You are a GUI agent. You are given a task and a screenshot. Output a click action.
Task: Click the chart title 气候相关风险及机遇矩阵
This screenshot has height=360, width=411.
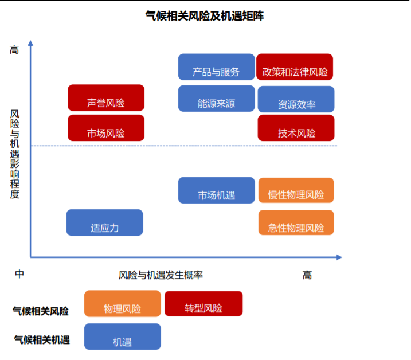tap(205, 16)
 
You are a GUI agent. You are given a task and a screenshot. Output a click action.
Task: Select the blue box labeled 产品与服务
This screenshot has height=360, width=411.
tap(216, 67)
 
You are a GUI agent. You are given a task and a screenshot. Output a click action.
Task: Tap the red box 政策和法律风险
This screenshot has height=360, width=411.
tap(295, 67)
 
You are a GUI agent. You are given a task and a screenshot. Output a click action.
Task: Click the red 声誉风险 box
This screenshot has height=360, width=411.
tap(106, 97)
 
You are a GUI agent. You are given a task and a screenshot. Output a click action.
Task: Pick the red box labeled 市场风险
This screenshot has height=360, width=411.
tap(106, 128)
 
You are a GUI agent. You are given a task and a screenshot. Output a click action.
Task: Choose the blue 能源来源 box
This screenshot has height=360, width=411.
tap(216, 99)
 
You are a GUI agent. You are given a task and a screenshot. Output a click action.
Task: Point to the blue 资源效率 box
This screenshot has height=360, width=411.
tap(296, 99)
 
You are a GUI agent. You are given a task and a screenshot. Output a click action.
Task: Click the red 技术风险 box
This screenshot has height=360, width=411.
tap(296, 128)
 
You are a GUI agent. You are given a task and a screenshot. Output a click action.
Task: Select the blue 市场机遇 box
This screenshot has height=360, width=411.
tap(216, 190)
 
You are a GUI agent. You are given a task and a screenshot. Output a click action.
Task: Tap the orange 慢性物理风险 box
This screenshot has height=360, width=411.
tap(296, 190)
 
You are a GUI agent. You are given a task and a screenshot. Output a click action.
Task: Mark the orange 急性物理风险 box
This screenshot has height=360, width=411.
tap(296, 222)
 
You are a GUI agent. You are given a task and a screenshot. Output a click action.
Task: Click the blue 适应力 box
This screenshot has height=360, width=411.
tap(104, 222)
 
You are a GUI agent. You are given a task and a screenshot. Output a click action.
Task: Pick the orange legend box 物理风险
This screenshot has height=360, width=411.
tap(123, 303)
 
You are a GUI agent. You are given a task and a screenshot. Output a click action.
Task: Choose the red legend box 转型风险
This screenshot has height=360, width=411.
tap(203, 303)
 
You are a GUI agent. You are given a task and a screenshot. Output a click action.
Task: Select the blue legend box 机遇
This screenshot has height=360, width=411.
tap(123, 336)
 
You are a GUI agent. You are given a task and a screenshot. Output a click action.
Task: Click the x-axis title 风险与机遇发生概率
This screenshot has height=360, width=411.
tap(161, 275)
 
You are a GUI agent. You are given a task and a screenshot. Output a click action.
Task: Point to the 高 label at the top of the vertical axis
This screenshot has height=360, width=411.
tap(14, 49)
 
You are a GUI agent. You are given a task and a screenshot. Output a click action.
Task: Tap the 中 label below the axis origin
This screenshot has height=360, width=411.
tap(19, 274)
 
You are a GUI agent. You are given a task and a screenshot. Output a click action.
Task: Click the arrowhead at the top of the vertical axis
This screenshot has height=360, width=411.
tap(30, 43)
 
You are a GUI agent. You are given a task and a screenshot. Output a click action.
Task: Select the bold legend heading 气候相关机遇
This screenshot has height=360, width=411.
tap(42, 340)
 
